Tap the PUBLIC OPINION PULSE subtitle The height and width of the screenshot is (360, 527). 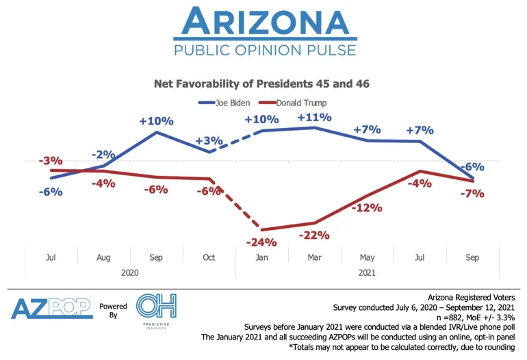pos(265,50)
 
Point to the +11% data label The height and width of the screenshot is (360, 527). pos(314,117)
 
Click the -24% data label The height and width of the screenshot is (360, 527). pos(261,242)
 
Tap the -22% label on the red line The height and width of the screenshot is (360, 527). pos(314,235)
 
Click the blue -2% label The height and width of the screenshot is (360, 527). pos(103,154)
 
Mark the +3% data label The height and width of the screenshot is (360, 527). pos(209,140)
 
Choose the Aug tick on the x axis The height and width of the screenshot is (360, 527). pos(104,257)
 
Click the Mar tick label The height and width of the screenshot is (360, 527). pos(314,257)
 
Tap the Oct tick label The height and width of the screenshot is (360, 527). pos(209,257)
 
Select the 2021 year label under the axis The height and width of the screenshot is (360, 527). pos(367,272)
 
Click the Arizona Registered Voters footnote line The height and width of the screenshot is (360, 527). pos(472,298)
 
